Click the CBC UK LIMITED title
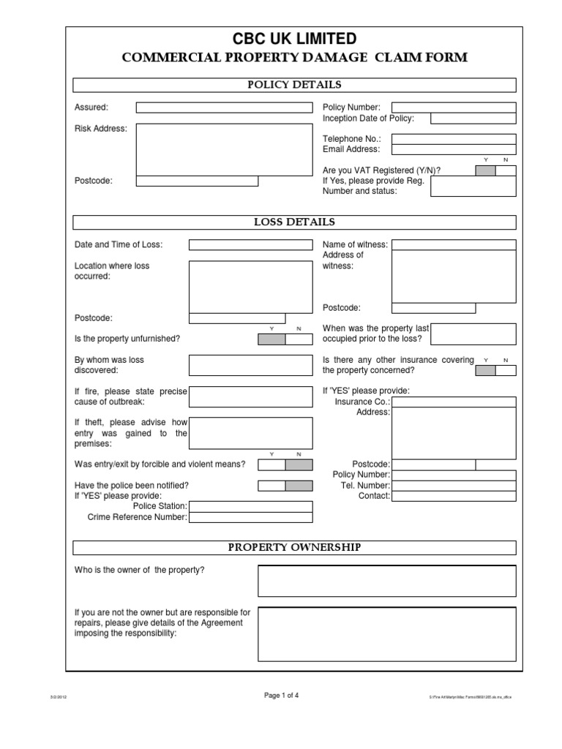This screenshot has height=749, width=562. tap(294, 39)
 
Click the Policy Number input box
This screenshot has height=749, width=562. tap(454, 108)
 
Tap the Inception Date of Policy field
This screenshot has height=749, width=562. tap(473, 118)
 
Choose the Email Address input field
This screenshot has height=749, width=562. tap(454, 149)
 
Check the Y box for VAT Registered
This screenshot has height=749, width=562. tap(485, 170)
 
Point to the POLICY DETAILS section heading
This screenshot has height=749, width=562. tap(294, 85)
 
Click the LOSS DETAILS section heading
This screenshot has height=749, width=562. tap(294, 222)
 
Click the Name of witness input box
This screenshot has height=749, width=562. tap(454, 245)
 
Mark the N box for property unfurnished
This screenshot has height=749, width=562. tap(299, 339)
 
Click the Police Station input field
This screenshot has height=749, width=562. tap(250, 506)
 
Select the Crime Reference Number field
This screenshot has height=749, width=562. tap(250, 517)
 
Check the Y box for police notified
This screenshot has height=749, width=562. tap(271, 486)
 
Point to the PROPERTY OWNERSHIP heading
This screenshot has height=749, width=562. tap(294, 548)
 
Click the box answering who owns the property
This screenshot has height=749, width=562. tap(386, 581)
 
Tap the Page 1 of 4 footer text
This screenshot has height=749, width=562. tap(281, 696)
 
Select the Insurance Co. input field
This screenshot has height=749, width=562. tap(454, 402)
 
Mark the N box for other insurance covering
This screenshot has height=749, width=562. tap(506, 371)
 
